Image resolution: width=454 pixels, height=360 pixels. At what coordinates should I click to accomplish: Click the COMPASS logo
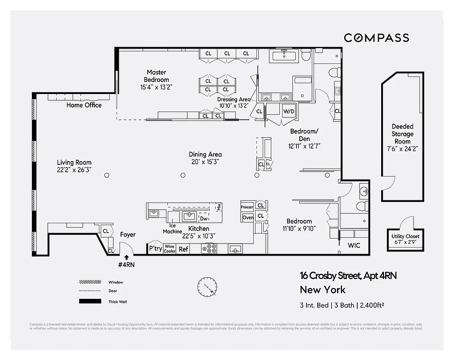point(376,38)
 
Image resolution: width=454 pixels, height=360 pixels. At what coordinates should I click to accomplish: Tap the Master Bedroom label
point(156,76)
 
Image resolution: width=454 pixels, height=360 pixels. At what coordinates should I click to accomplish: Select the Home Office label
point(84,105)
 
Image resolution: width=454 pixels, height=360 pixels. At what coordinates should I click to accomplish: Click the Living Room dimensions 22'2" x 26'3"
point(74,170)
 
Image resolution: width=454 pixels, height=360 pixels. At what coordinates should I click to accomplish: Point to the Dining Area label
point(205,154)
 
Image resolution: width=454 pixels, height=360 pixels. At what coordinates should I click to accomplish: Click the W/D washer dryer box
point(288,111)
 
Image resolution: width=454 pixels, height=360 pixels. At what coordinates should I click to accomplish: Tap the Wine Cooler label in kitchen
point(170,249)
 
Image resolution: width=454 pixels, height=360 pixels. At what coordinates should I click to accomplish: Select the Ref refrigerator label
point(184,249)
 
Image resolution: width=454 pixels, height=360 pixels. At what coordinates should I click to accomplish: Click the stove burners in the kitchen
point(210,248)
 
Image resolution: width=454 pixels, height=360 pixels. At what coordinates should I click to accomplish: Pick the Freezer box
point(247,207)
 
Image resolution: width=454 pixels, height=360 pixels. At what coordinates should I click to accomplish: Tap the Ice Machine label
point(172,229)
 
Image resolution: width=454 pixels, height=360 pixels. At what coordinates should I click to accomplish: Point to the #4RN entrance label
point(126,265)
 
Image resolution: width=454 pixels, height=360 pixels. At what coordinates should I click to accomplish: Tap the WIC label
point(354,245)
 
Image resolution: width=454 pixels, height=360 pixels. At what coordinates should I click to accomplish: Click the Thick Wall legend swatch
point(90,301)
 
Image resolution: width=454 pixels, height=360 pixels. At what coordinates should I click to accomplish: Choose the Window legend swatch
point(90,282)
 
